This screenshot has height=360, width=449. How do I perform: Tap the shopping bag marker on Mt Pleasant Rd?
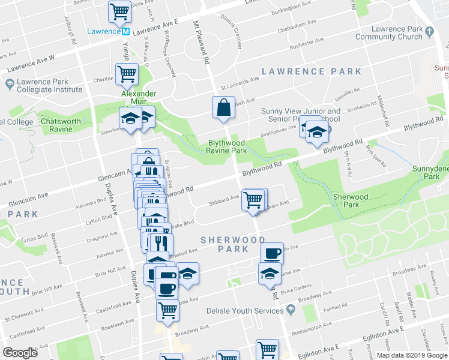pyautogui.click(x=223, y=107)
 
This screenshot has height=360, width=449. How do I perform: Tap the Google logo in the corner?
pyautogui.click(x=20, y=353)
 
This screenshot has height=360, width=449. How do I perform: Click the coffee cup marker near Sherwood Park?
pyautogui.click(x=272, y=253)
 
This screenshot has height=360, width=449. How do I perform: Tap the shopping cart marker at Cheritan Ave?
pyautogui.click(x=128, y=74)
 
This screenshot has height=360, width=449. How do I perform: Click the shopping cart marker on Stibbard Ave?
pyautogui.click(x=253, y=200)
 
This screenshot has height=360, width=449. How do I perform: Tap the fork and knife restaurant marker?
pyautogui.click(x=160, y=243)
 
